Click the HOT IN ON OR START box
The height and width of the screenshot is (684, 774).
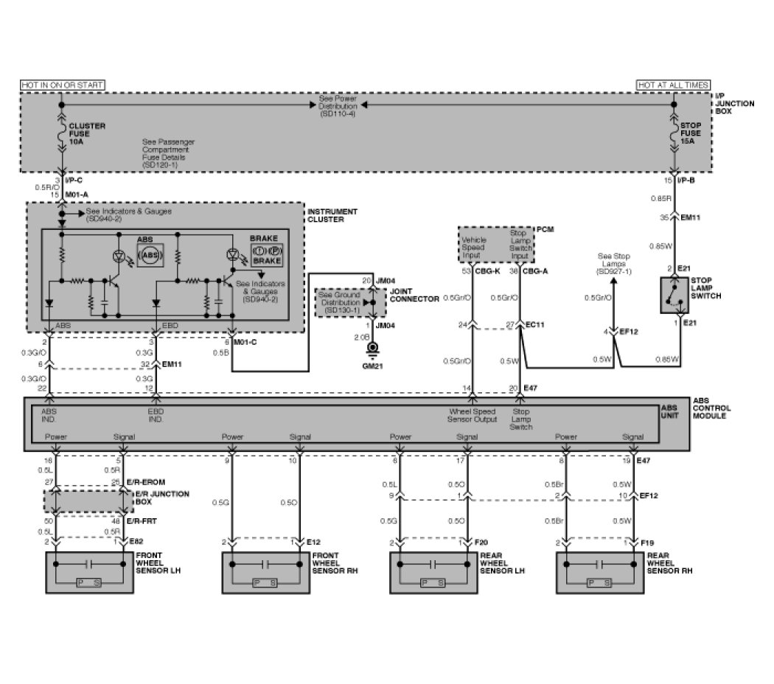62,85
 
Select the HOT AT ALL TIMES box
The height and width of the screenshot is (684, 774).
673,85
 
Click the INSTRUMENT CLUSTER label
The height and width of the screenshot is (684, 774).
332,216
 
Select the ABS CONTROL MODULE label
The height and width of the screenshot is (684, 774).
712,408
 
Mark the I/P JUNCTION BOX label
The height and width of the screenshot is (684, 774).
735,104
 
